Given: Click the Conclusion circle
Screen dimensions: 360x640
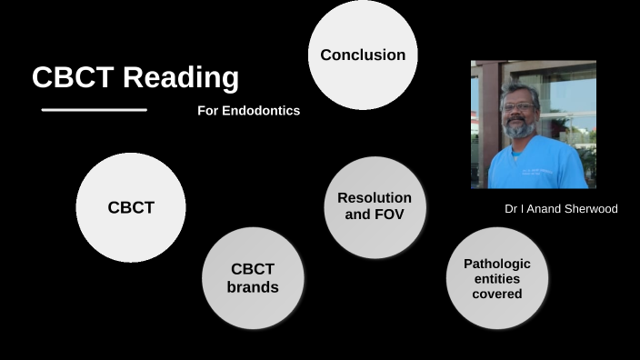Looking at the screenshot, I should (363, 55).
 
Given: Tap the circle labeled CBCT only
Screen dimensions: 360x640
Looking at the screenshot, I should (131, 207).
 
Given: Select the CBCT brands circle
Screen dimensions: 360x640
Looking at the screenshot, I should (253, 278).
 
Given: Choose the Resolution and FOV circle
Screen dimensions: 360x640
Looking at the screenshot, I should (375, 207).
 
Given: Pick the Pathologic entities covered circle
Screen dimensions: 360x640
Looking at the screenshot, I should (497, 278).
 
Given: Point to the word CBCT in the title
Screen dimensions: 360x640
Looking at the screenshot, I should (73, 77).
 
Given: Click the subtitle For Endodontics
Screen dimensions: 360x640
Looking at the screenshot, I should (248, 111).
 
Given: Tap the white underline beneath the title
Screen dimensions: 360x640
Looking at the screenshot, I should (95, 110).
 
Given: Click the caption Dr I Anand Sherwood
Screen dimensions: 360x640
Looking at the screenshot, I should (561, 209).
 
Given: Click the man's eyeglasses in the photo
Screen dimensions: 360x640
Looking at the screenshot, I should (518, 106).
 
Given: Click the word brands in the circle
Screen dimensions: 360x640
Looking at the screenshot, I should (253, 287).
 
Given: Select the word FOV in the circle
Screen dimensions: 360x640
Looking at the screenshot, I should (388, 215).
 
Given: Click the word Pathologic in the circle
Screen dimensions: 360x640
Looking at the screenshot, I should (497, 264).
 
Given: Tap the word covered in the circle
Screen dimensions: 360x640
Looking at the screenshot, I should (497, 294).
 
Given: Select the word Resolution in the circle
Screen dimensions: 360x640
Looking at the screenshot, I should (375, 198).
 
